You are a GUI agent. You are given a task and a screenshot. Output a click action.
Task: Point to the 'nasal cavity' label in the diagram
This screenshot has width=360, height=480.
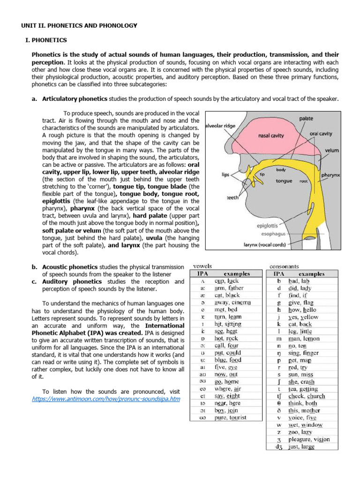271,136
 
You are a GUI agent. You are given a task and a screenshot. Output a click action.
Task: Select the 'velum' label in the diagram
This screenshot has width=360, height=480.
331,151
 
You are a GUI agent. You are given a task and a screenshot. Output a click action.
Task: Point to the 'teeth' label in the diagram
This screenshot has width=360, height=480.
233,198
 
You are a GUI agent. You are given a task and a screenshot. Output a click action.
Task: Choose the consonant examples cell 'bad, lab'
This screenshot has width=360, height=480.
300,281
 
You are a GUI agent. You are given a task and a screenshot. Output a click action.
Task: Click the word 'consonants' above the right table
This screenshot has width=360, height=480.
285,266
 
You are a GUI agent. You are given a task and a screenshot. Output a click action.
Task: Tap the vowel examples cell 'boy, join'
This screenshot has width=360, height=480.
226,410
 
